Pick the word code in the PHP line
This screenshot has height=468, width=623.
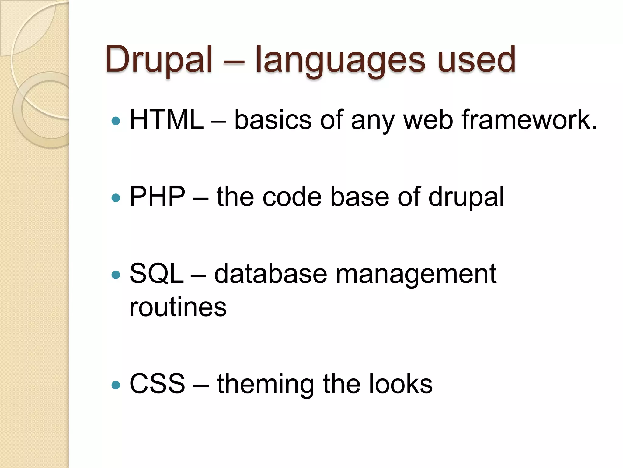click(x=292, y=197)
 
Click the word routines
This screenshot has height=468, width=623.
click(x=178, y=307)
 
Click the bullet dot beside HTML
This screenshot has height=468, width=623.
click(x=116, y=121)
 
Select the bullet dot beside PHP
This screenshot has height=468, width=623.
click(x=116, y=198)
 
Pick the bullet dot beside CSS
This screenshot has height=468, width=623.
click(x=116, y=385)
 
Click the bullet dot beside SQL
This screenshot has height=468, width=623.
click(x=116, y=275)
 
